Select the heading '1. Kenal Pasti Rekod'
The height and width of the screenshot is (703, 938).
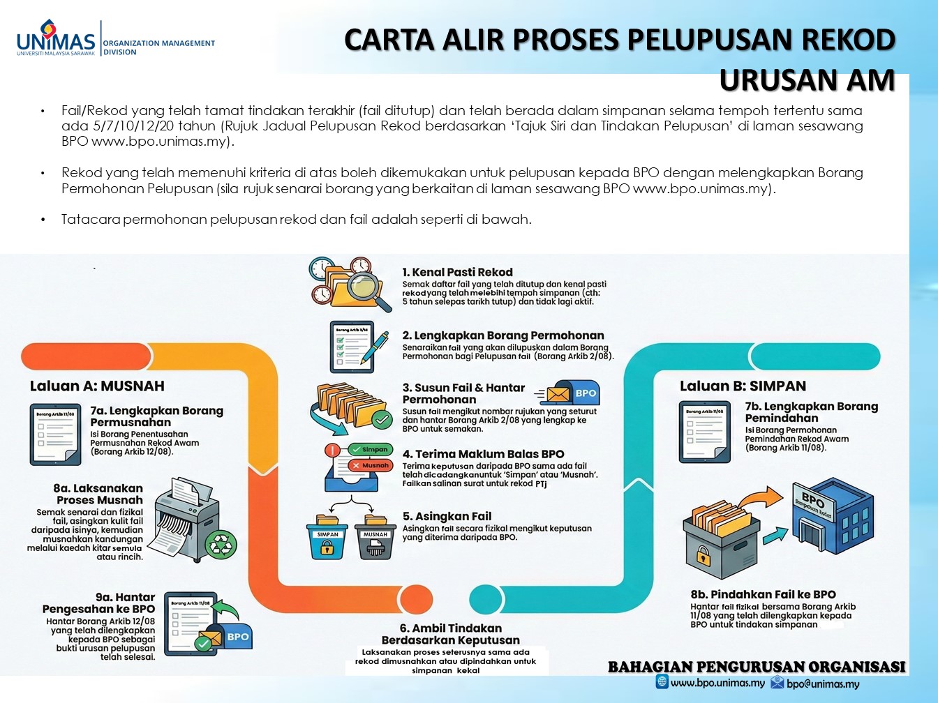tap(457, 272)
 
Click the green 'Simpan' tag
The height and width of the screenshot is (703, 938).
tap(370, 450)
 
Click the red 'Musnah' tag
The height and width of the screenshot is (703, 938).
tap(371, 465)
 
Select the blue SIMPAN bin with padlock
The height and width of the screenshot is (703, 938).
tap(327, 539)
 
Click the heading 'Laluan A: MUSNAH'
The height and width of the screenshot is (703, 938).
tap(97, 386)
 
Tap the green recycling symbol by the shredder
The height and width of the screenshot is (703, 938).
tap(224, 543)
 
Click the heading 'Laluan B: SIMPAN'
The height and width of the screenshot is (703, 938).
tap(743, 386)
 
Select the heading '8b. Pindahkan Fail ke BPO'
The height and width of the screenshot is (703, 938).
tap(763, 594)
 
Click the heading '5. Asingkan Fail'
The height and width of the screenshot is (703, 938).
tap(447, 516)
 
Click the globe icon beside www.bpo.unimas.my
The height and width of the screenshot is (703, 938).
tap(662, 682)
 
